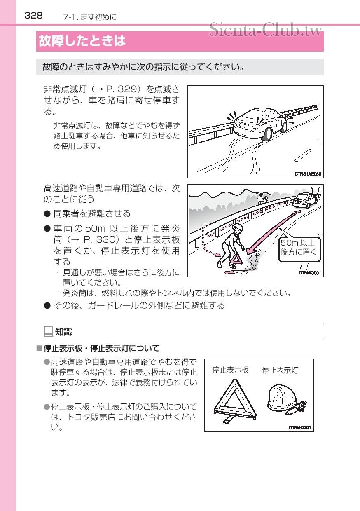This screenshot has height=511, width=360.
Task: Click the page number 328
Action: pyautogui.click(x=33, y=16)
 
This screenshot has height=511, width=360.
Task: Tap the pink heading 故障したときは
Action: pyautogui.click(x=82, y=42)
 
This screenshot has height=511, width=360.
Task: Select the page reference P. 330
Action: pyautogui.click(x=100, y=239)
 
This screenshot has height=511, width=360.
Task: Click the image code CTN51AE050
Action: pyautogui.click(x=307, y=174)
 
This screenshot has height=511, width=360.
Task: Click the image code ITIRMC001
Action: pyautogui.click(x=309, y=272)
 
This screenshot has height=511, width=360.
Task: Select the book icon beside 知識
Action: pyautogui.click(x=48, y=331)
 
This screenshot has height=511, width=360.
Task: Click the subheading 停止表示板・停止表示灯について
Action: pyautogui.click(x=101, y=349)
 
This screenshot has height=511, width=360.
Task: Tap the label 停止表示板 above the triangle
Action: pyautogui.click(x=230, y=370)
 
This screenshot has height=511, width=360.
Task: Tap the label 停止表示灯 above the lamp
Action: pyautogui.click(x=280, y=370)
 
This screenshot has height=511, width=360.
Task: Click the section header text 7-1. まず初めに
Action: pyautogui.click(x=90, y=17)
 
